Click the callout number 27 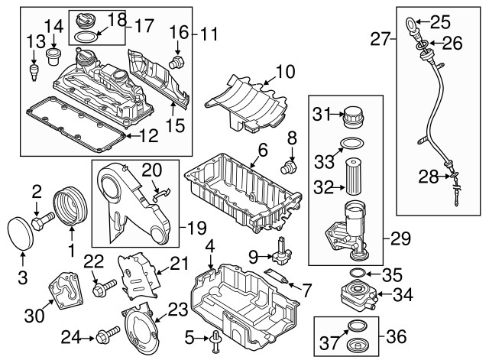(381, 39)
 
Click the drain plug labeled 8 (289, 167)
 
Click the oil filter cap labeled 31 (354, 117)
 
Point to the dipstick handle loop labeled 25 (410, 24)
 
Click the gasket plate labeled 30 (66, 290)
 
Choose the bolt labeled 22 (105, 287)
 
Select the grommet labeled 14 (53, 57)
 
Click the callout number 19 (196, 228)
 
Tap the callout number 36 (397, 337)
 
